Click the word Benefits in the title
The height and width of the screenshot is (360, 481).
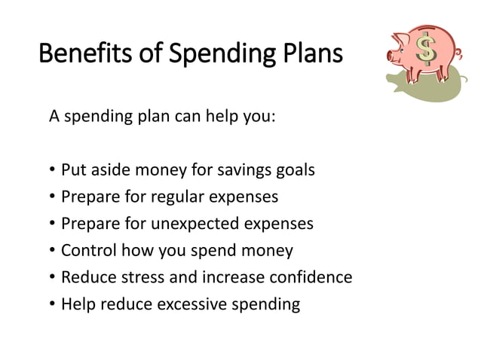(x=80, y=54)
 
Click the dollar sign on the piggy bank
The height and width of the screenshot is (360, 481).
(x=427, y=50)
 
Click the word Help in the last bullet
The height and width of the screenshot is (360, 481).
(x=75, y=304)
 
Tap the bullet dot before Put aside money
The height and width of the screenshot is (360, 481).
(x=52, y=170)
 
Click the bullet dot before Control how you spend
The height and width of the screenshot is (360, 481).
(x=52, y=251)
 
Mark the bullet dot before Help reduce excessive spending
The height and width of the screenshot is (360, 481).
(x=52, y=305)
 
